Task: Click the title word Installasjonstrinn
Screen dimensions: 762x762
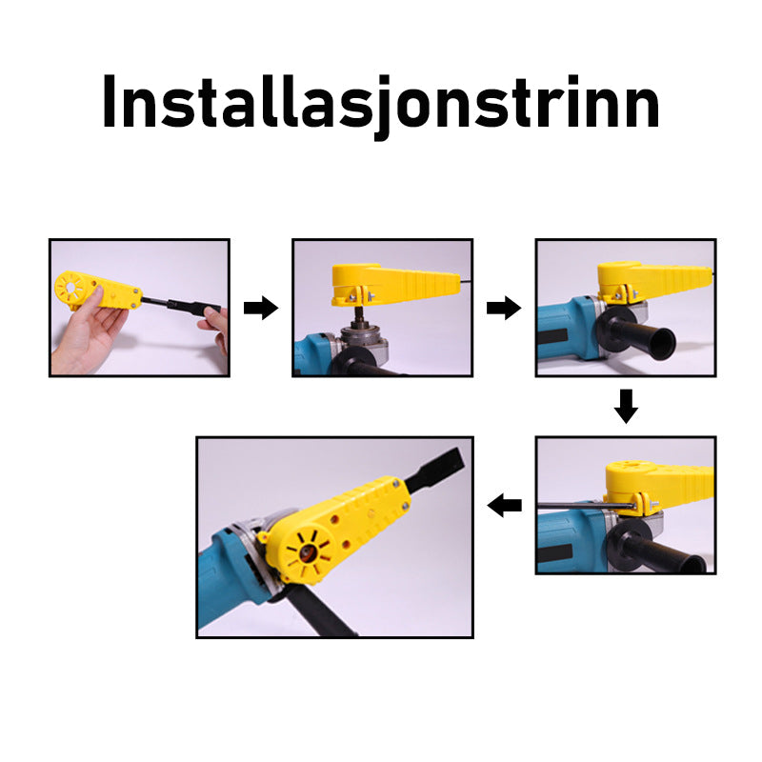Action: tap(380, 106)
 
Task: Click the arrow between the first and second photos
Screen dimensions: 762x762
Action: tap(261, 308)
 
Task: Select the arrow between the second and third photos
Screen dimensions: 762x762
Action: tap(504, 308)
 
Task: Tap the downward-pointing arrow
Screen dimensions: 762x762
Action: tap(626, 406)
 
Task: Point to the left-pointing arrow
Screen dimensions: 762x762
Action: tap(505, 506)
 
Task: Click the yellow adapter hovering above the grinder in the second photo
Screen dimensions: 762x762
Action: tap(394, 284)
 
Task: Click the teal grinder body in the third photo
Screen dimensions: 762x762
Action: tap(569, 335)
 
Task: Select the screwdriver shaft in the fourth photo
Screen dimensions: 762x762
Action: tap(586, 507)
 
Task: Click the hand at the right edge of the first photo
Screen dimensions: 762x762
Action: tap(217, 327)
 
